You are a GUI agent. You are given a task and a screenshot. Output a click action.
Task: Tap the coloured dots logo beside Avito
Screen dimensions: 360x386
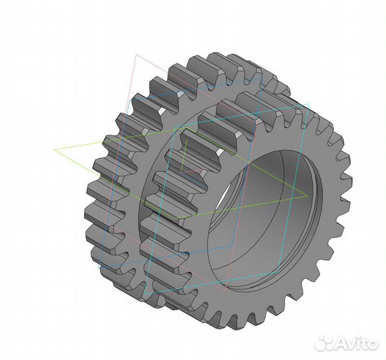pyautogui.click(x=325, y=343)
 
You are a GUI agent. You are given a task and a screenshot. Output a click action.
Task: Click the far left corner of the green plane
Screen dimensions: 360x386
pyautogui.click(x=55, y=149)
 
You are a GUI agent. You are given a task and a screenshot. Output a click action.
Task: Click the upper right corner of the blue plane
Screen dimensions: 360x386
pyautogui.click(x=309, y=104)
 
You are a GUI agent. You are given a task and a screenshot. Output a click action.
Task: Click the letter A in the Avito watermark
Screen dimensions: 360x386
pyautogui.click(x=341, y=343)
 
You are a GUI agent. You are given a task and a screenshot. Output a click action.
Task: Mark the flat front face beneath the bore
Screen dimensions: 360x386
pyautogui.click(x=267, y=303)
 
